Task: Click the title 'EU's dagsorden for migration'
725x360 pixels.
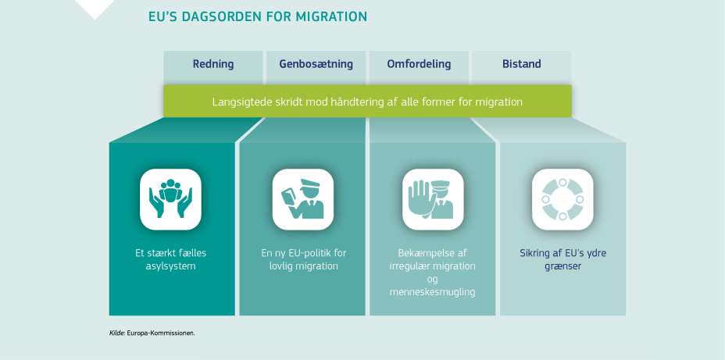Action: coord(257,16)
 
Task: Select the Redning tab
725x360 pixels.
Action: coord(213,64)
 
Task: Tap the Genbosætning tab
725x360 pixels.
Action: coord(316,64)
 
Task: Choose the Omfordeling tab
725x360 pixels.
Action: coord(419,64)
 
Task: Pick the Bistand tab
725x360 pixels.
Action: coord(521,64)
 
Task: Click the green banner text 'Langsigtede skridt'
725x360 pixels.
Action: coord(367,102)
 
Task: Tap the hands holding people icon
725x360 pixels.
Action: coord(170,199)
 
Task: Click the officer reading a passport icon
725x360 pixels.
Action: coord(302,199)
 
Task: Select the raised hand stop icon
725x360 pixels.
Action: coord(432,199)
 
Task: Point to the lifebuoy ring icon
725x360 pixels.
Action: coord(562,199)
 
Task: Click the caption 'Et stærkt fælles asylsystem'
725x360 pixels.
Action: coord(170,259)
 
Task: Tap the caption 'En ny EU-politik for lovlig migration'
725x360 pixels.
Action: coord(303,259)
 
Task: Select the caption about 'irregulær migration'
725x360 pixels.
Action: coord(432,266)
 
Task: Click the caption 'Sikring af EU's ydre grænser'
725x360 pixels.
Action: coord(562,259)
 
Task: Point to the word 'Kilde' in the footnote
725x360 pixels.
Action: coord(116,333)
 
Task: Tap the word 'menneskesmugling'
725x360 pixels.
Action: coord(432,292)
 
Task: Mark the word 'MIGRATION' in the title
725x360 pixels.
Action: coord(331,16)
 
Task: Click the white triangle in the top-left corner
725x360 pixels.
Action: coord(94,7)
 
